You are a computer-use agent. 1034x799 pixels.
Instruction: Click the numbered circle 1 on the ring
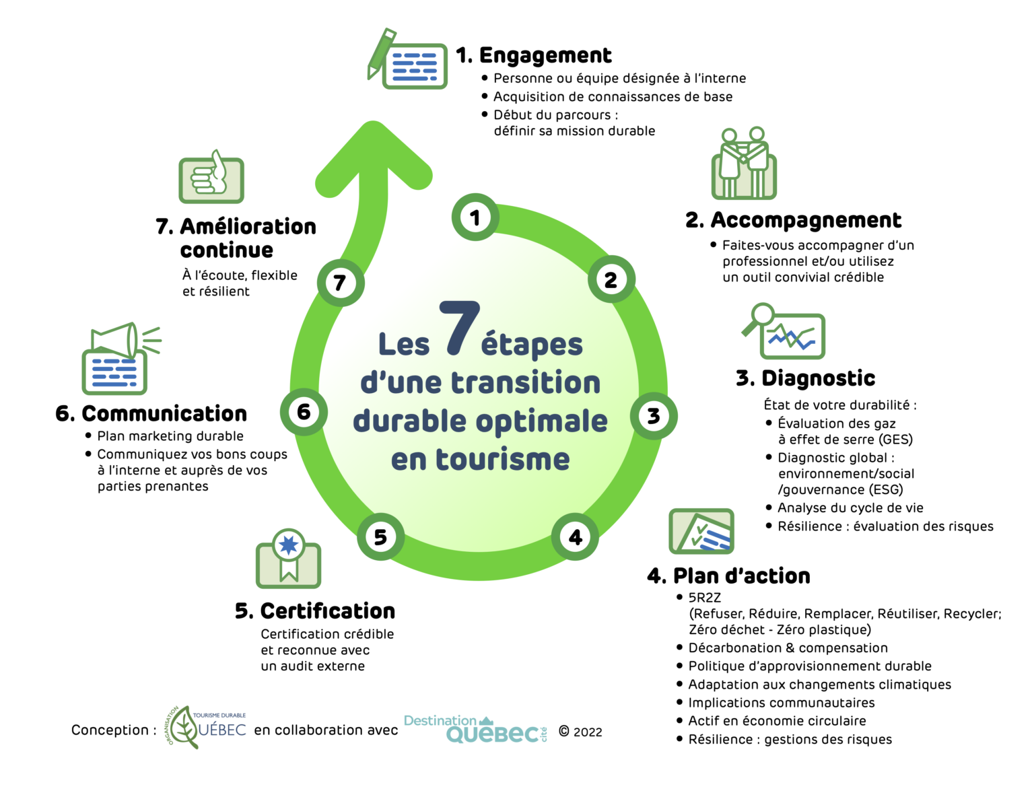click(475, 217)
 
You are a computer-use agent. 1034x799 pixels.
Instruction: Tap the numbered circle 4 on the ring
click(575, 537)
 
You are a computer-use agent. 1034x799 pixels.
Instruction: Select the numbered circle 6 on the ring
click(304, 411)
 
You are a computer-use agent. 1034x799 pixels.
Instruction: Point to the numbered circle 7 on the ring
click(341, 283)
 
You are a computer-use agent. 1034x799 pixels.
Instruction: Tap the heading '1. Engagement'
click(534, 55)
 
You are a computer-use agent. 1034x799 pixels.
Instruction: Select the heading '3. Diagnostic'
click(805, 378)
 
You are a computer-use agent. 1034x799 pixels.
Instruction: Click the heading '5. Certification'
click(315, 611)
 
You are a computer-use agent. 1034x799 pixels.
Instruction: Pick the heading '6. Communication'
click(151, 413)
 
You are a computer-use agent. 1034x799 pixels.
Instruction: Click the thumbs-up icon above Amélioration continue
click(211, 178)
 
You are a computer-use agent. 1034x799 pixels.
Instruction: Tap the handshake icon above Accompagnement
click(744, 164)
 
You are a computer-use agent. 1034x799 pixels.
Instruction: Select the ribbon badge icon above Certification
click(289, 556)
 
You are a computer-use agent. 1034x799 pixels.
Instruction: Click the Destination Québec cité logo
click(475, 730)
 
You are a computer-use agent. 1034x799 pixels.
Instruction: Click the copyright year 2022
click(588, 732)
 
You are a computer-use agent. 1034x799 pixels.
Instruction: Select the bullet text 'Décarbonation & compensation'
click(788, 648)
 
